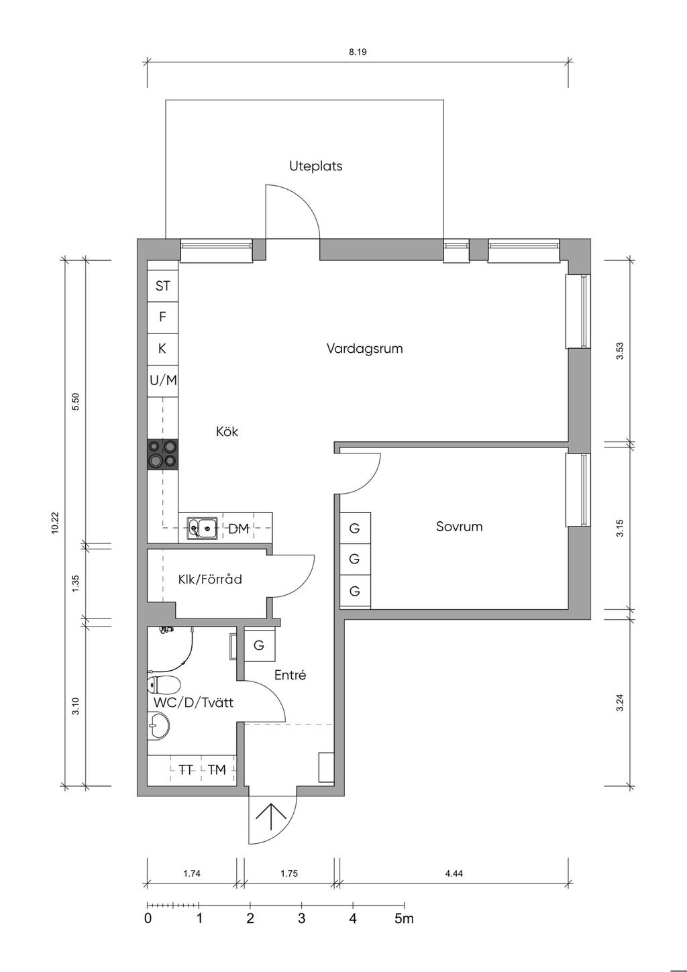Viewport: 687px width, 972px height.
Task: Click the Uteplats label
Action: tap(315, 166)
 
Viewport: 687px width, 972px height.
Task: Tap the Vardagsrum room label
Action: tap(364, 349)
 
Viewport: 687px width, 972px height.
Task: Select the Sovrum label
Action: tap(459, 527)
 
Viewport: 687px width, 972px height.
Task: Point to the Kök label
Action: tap(227, 432)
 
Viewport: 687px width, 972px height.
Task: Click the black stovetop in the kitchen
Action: tap(163, 454)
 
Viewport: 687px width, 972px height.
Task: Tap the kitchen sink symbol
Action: tap(202, 529)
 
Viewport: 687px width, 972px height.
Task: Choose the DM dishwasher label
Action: tap(238, 529)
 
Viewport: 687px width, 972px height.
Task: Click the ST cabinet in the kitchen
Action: tap(163, 286)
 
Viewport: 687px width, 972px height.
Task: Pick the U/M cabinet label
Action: tap(163, 380)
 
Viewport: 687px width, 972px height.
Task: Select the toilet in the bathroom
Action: tap(163, 685)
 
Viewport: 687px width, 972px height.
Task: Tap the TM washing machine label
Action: tap(217, 770)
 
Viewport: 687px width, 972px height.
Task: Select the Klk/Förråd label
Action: tap(210, 580)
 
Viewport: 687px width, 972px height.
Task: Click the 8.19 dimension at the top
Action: tap(358, 52)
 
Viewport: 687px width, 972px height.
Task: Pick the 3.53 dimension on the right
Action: tap(620, 351)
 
